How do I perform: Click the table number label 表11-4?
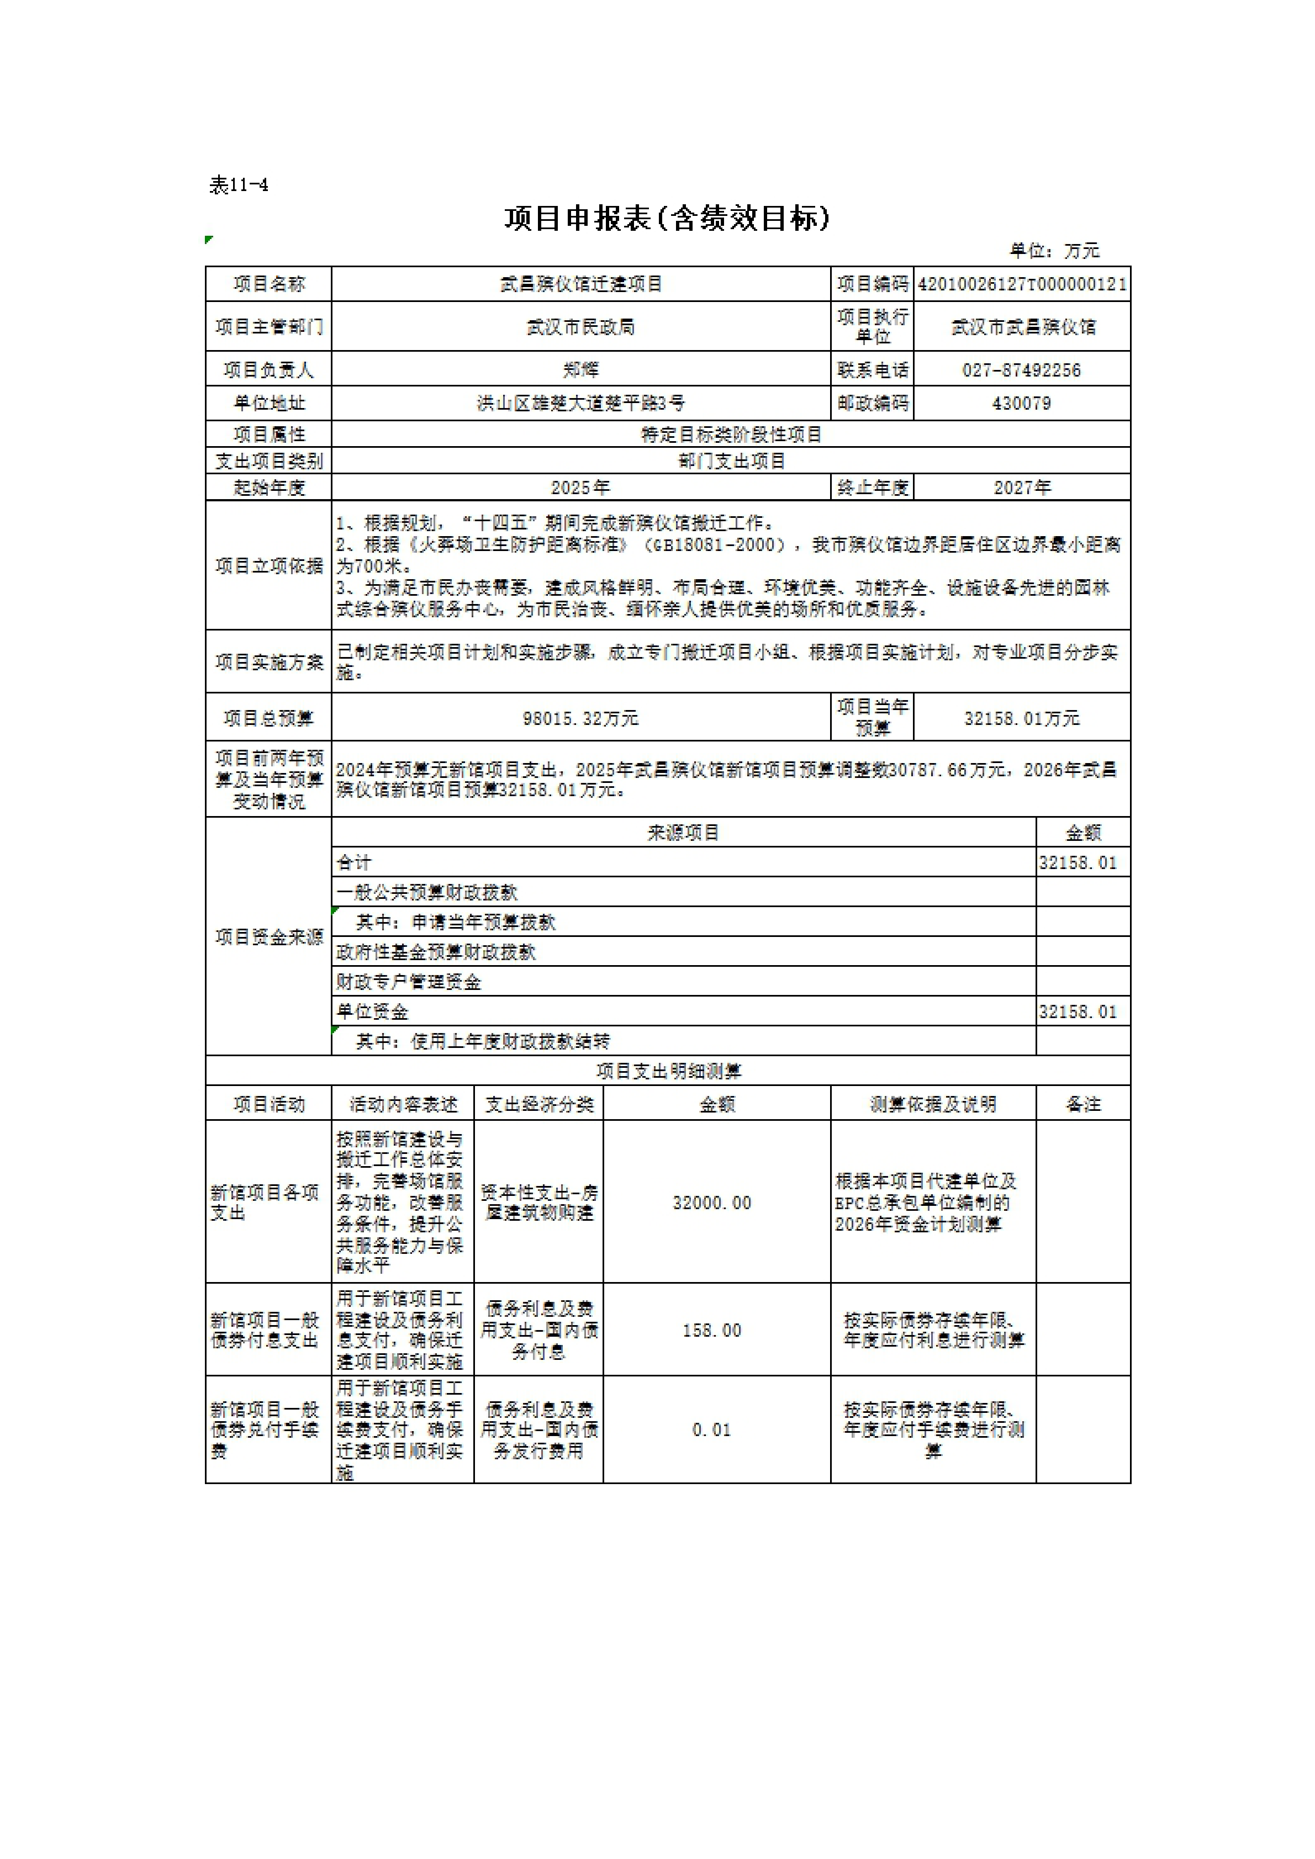tap(239, 186)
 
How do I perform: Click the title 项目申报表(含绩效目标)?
tap(667, 219)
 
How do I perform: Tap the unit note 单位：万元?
tap(1054, 251)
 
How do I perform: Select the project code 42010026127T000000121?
tap(1022, 284)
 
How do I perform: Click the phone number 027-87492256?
tap(1021, 370)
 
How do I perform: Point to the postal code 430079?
tap(1021, 403)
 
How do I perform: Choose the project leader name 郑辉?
tap(580, 370)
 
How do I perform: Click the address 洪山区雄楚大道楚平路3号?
tap(580, 403)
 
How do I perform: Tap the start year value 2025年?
tap(580, 488)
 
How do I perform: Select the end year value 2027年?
tap(1022, 488)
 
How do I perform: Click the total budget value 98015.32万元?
tap(580, 718)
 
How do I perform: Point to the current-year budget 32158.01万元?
tap(1022, 718)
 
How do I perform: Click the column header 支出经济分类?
tap(539, 1104)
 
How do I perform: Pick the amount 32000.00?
tap(712, 1203)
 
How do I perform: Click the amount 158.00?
tap(712, 1330)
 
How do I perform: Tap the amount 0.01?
tap(712, 1430)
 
